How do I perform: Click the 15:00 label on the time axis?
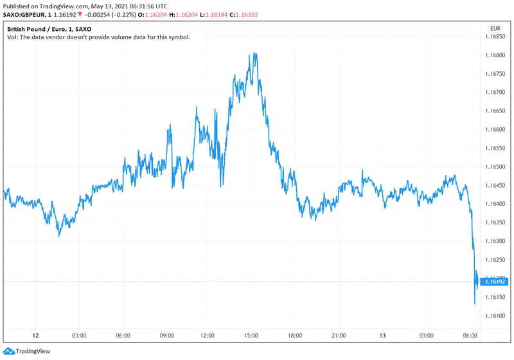coord(251,336)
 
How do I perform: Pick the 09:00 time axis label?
coord(167,336)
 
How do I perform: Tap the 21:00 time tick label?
coord(339,336)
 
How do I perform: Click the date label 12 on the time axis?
coord(36,336)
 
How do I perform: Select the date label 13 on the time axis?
coord(383,336)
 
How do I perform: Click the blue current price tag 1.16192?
coord(495,282)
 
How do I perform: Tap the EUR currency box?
coord(495,28)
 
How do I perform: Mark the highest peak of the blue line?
coord(256,53)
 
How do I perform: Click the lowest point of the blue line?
coord(474,303)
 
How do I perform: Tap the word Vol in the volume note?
coord(12,37)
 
